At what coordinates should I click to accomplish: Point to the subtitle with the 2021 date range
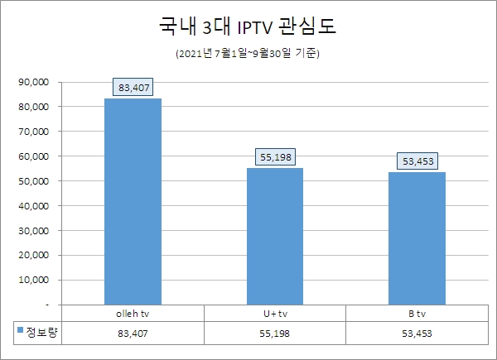(x=248, y=55)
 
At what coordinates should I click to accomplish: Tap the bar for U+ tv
(x=275, y=236)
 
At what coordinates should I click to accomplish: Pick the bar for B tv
(x=417, y=238)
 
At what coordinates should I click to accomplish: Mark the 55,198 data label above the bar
(x=275, y=156)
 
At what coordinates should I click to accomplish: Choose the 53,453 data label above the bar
(x=417, y=160)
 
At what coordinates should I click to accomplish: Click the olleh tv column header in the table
(x=133, y=314)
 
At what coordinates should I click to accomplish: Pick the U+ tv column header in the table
(x=275, y=314)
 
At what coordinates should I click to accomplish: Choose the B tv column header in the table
(x=417, y=314)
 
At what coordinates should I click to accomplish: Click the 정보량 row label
(x=41, y=332)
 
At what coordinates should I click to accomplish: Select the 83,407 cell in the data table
(x=133, y=333)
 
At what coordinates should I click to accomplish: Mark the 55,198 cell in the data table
(x=275, y=333)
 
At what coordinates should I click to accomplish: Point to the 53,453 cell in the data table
(x=417, y=333)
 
